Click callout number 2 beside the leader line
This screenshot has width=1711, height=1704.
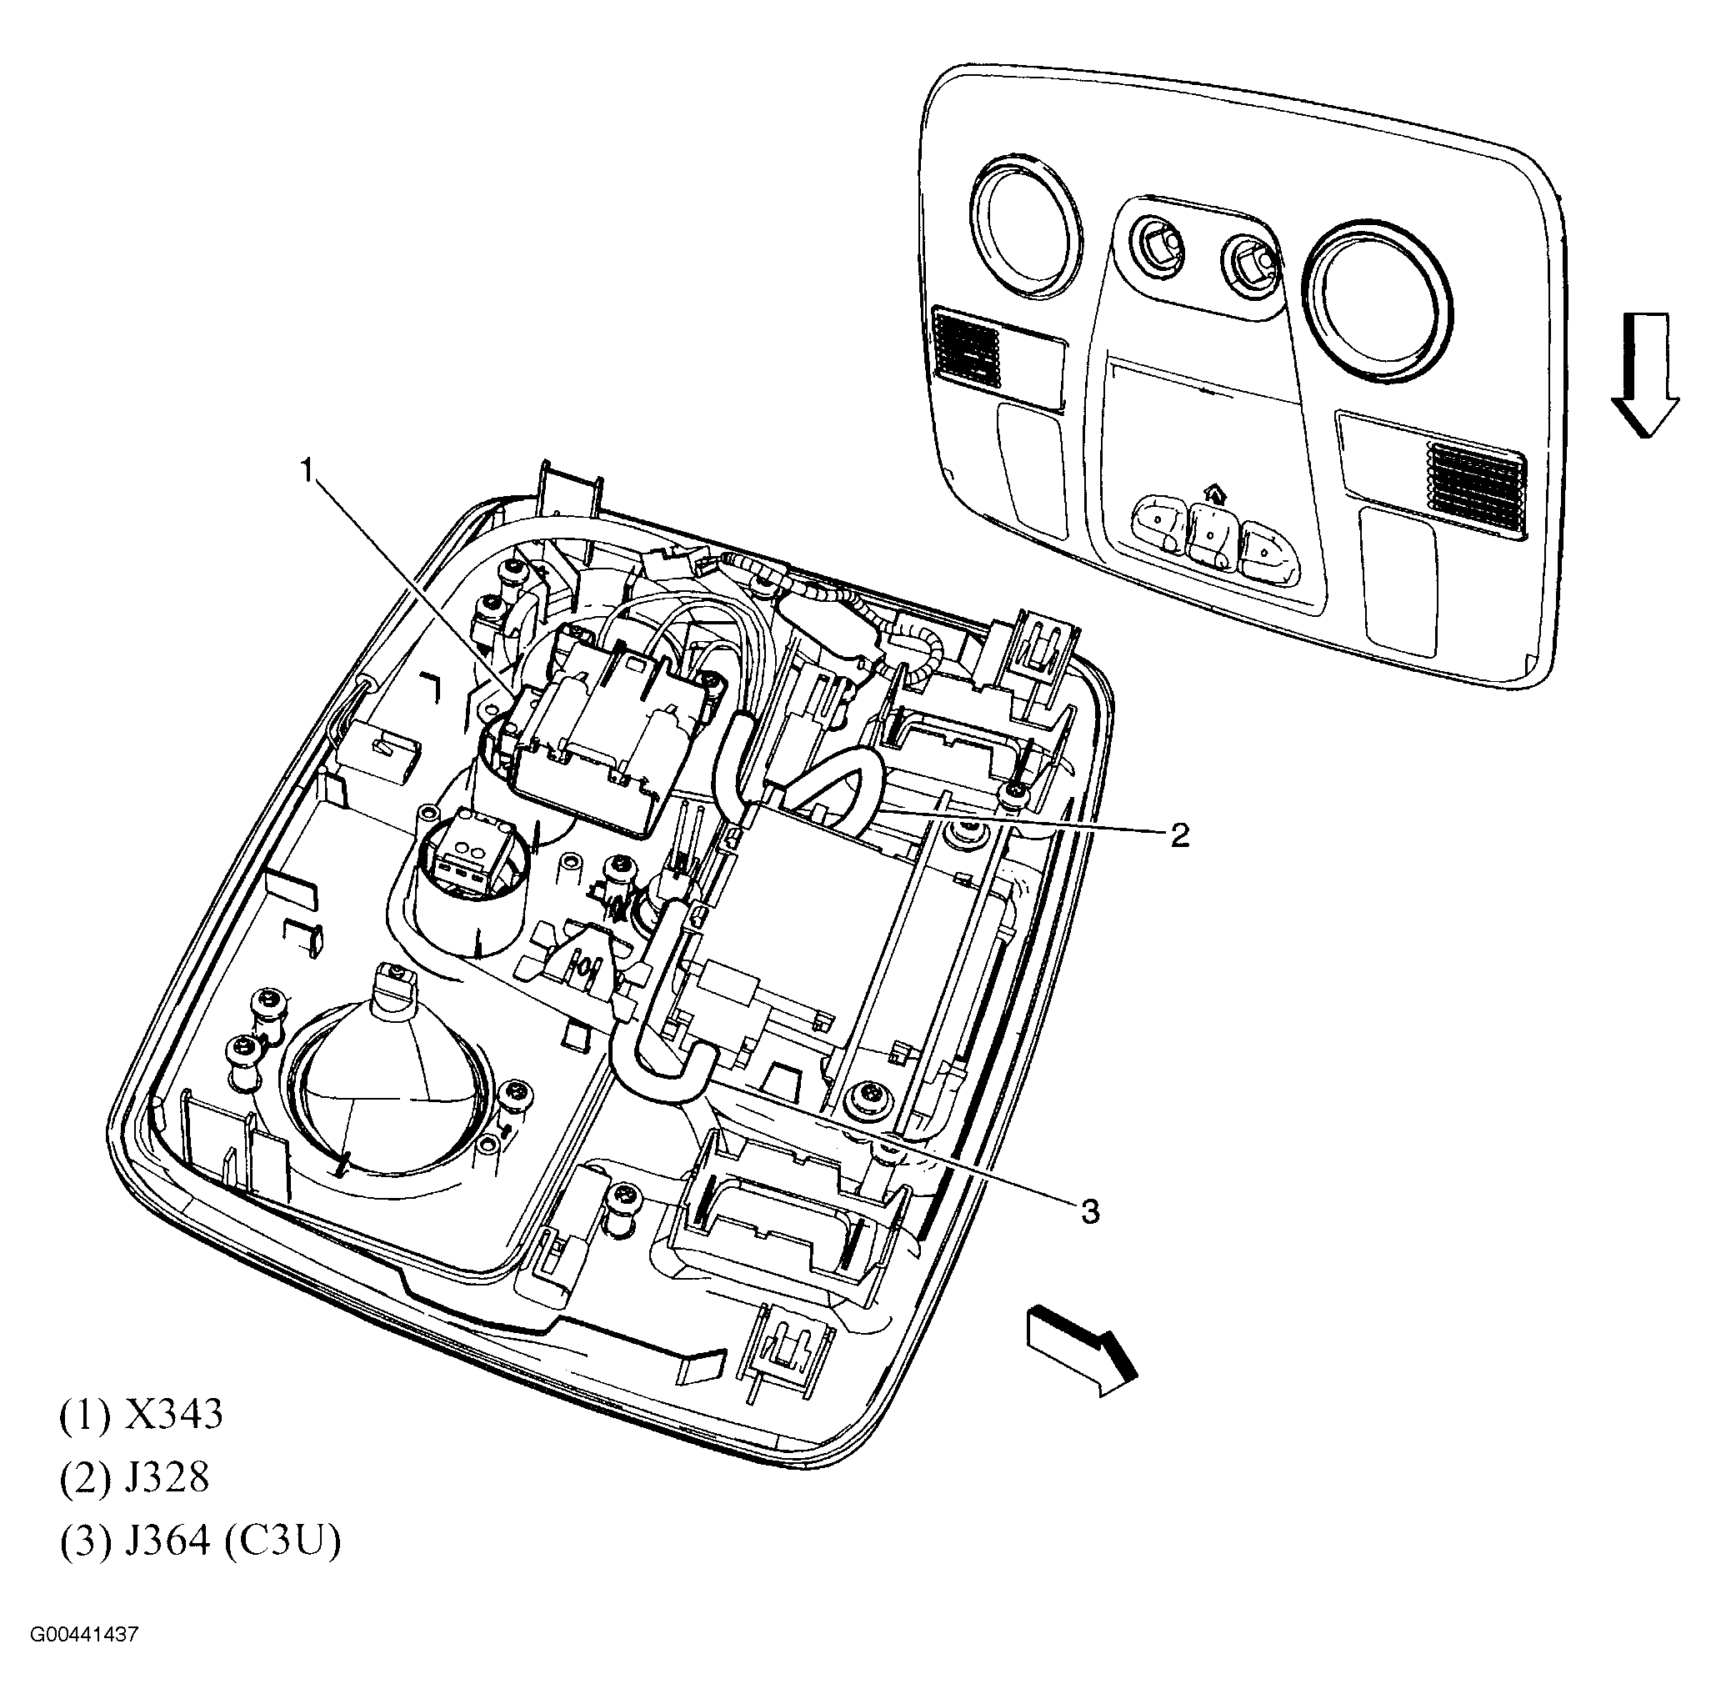1178,834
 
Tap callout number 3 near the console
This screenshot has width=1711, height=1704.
1090,1210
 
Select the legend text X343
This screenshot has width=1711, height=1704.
173,1415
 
